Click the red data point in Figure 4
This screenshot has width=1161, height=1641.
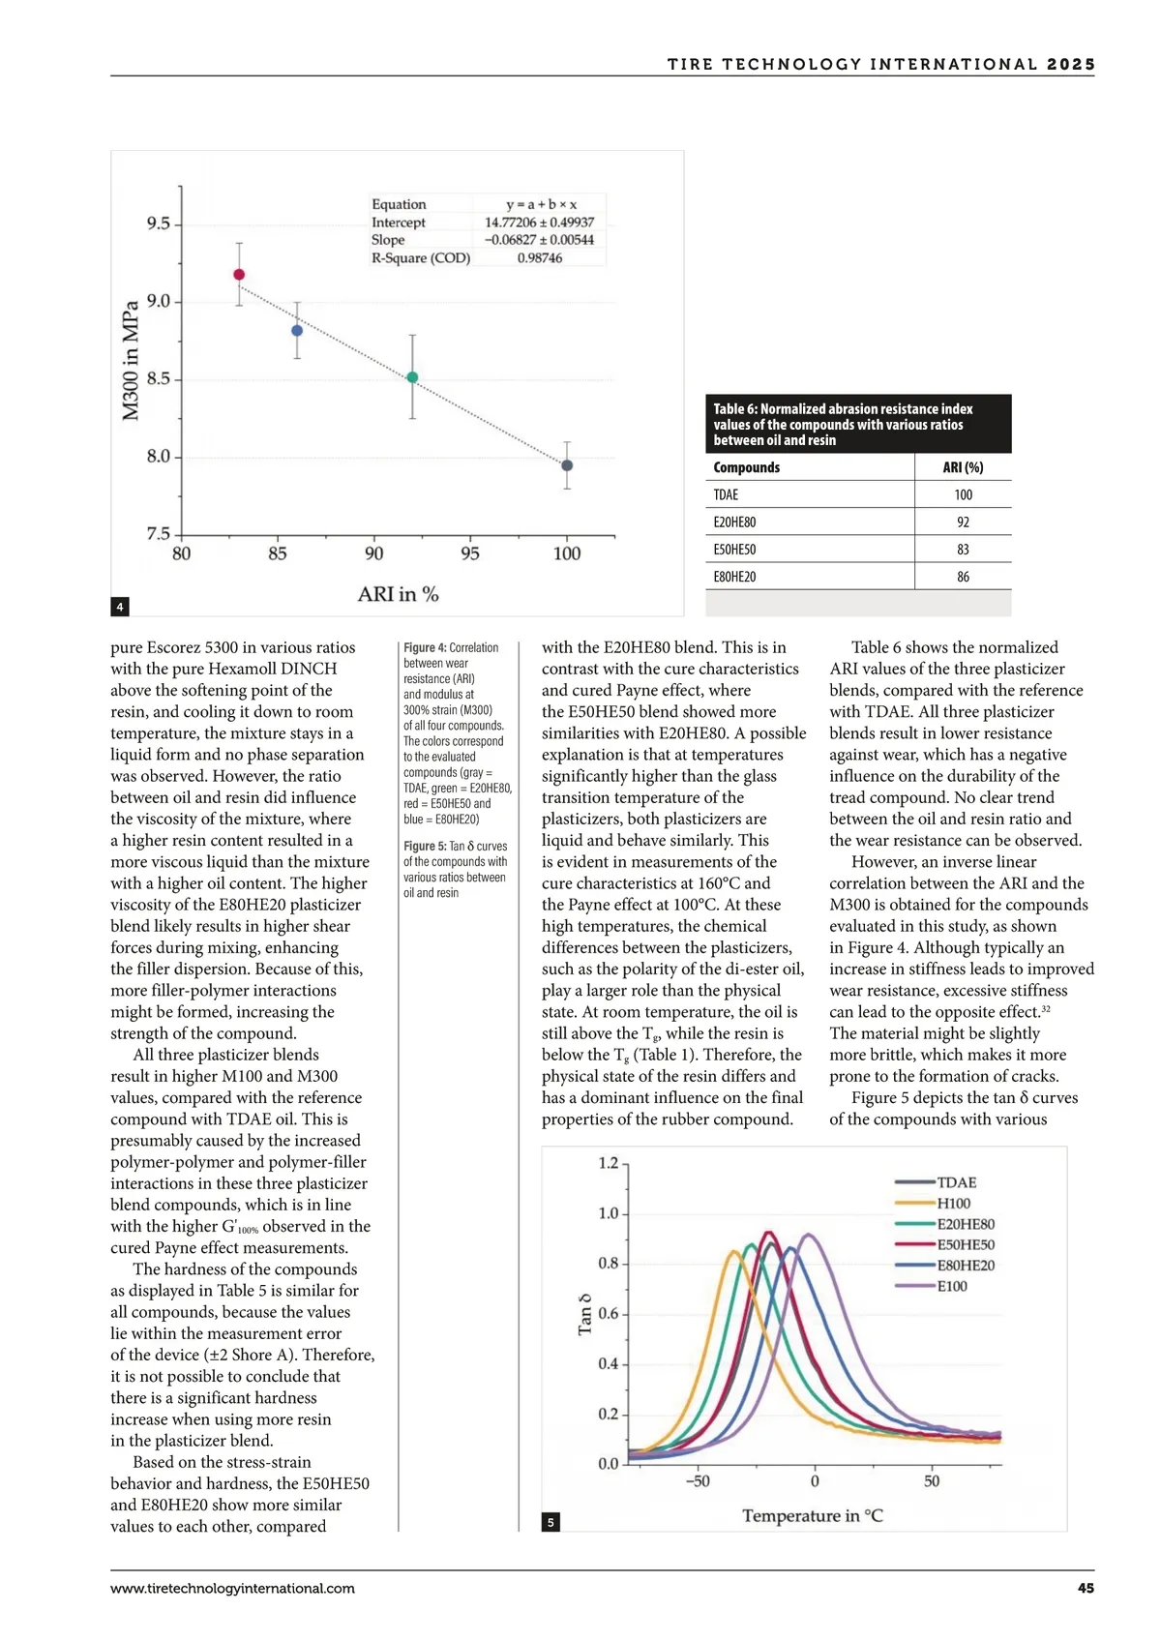(x=239, y=275)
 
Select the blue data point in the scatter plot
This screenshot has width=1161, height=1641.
(x=297, y=331)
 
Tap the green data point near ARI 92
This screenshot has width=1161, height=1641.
(x=412, y=377)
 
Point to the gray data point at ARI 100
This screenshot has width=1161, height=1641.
(x=567, y=465)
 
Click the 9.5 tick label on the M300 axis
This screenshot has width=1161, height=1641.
(x=159, y=224)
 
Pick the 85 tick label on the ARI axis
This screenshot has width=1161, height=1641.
(x=278, y=553)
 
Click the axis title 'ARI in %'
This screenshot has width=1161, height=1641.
(x=398, y=594)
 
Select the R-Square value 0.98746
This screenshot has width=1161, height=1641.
(x=539, y=258)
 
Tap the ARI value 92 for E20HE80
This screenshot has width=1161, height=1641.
(x=963, y=522)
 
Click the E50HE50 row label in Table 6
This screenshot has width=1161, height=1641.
(x=734, y=550)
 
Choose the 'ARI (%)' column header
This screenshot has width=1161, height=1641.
(x=963, y=467)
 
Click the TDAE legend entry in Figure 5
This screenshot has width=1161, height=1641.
(x=956, y=1182)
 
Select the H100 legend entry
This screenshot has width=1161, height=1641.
(x=953, y=1204)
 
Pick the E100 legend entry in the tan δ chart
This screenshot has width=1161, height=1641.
(x=952, y=1286)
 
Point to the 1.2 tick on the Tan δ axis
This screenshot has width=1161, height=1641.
(x=609, y=1163)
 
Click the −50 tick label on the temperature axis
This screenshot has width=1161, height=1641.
(x=698, y=1481)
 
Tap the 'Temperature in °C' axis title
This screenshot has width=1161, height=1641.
(x=813, y=1516)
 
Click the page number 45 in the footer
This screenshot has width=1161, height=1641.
(x=1086, y=1588)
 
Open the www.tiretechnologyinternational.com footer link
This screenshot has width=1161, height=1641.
(x=232, y=1588)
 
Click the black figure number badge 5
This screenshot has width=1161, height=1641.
(x=551, y=1522)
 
